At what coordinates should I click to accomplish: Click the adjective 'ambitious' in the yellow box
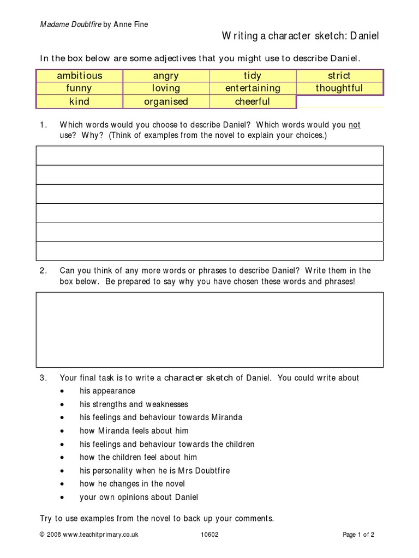coord(80,76)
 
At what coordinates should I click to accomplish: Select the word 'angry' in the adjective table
coord(166,76)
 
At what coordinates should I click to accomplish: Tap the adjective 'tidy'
coord(252,76)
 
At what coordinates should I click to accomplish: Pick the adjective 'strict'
coord(339,76)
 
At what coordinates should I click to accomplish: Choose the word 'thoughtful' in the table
coord(339,88)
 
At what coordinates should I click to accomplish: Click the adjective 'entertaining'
coord(252,88)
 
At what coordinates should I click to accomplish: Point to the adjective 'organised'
coord(166,101)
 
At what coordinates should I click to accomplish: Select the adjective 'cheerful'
coord(252,101)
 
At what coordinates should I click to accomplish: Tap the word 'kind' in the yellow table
coord(80,101)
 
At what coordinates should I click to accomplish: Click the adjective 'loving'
coord(166,88)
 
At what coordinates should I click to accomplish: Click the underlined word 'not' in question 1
coord(355,125)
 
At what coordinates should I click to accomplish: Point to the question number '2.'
coord(44,271)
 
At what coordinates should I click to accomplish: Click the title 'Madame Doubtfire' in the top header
coord(70,24)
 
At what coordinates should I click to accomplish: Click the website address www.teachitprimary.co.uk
coord(100,535)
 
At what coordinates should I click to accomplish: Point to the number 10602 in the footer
coord(209,535)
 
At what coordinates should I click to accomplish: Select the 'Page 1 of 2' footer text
coord(358,535)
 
